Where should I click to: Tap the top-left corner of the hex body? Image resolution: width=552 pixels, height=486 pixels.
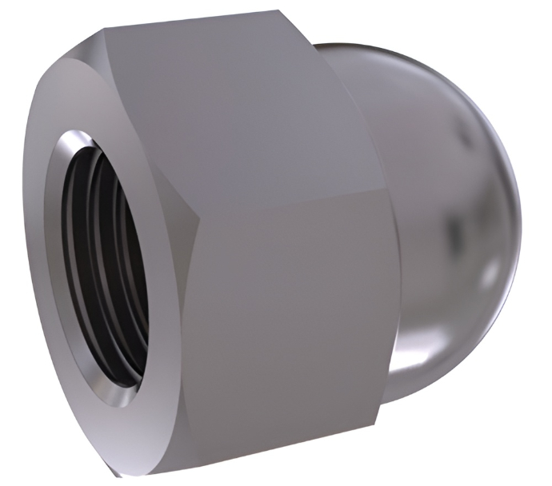point(104,32)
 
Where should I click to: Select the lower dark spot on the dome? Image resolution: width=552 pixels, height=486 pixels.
point(459,232)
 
